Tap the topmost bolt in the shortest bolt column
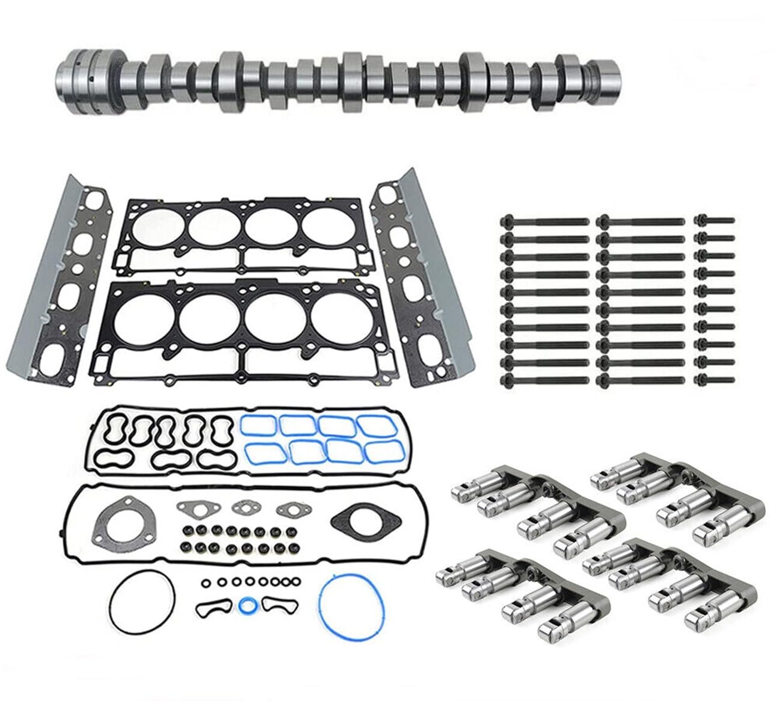[714, 221]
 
